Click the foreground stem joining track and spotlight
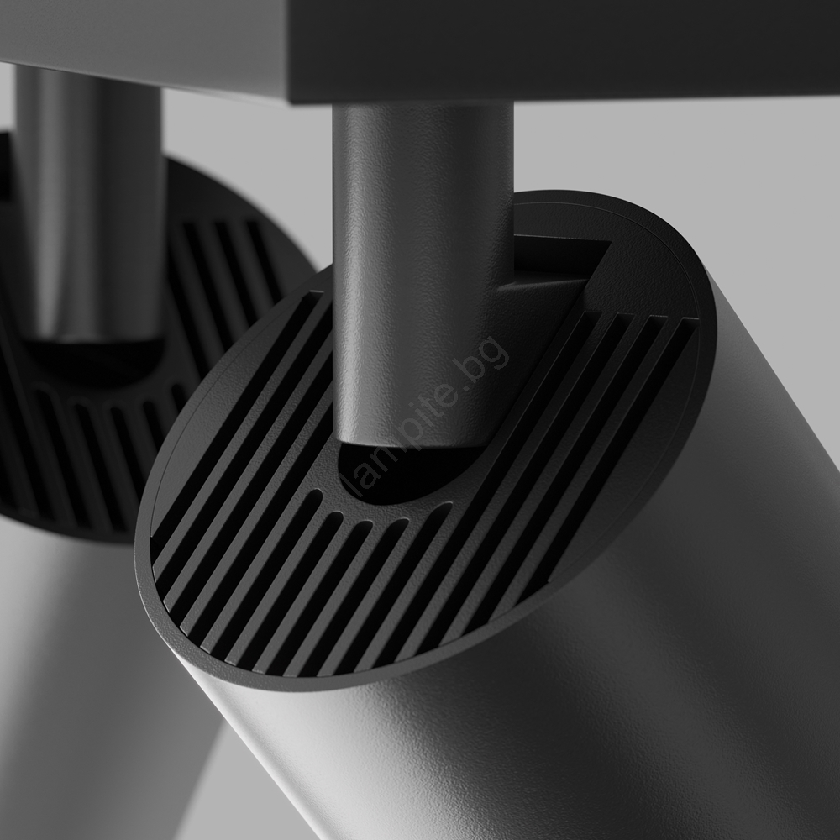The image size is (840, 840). click(423, 273)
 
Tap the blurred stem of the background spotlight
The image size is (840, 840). click(88, 203)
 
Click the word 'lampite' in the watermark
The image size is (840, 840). click(405, 439)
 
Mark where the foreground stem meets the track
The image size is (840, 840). click(423, 104)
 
